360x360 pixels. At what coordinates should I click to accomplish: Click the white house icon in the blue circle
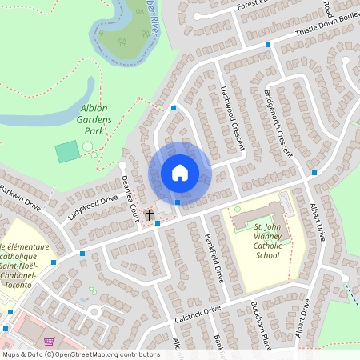pyautogui.click(x=180, y=173)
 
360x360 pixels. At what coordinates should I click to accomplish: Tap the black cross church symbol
pyautogui.click(x=149, y=214)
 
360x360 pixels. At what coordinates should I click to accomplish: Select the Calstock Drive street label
pyautogui.click(x=196, y=315)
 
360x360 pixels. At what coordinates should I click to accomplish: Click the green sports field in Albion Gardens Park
pyautogui.click(x=67, y=150)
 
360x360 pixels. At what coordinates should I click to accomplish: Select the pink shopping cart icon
pyautogui.click(x=49, y=342)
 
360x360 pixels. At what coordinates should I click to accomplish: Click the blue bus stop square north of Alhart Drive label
pyautogui.click(x=314, y=172)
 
